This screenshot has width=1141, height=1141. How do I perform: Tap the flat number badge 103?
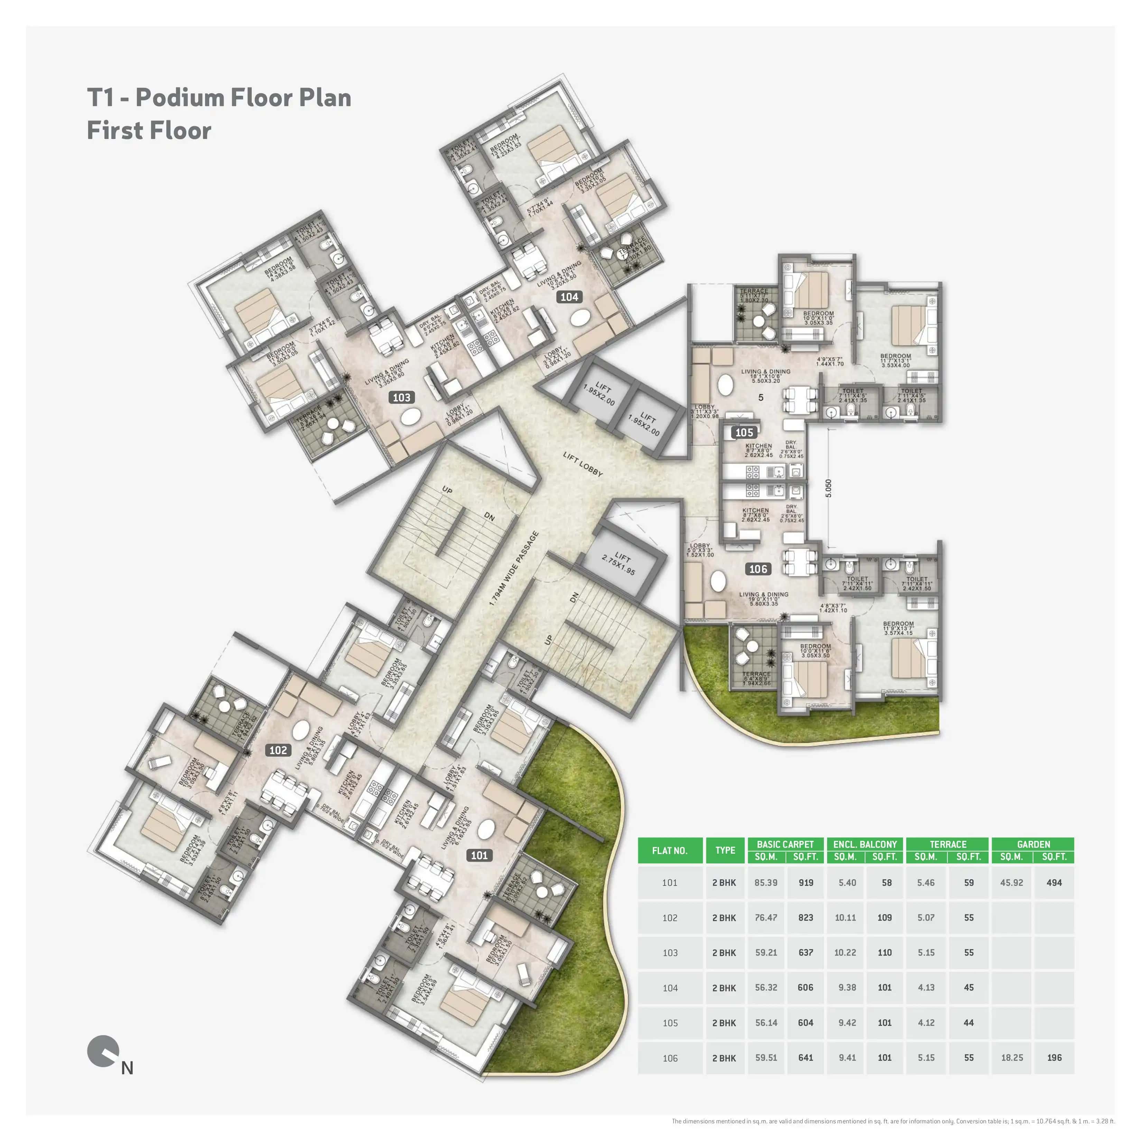click(x=401, y=398)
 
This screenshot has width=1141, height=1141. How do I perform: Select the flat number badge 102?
click(x=278, y=750)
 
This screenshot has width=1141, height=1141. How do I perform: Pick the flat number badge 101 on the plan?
click(x=479, y=855)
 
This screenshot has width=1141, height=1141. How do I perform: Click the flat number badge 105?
click(x=744, y=432)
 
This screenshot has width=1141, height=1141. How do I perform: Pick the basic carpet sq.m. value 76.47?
click(x=766, y=917)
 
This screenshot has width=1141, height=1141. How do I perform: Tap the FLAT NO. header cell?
click(x=670, y=851)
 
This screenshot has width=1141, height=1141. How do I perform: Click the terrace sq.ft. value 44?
click(x=968, y=1022)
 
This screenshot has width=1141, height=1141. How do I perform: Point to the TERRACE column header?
click(x=948, y=844)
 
